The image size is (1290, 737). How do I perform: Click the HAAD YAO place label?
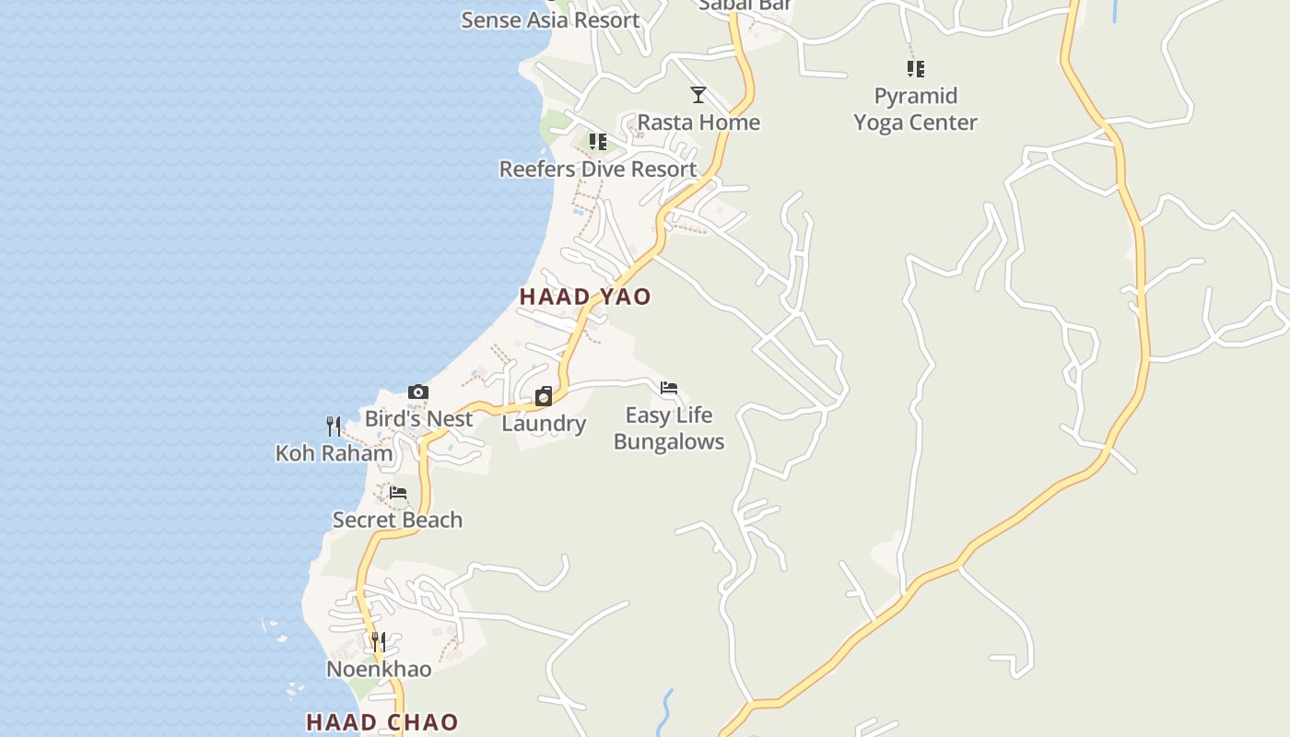click(x=585, y=297)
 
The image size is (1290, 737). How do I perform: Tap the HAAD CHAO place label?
click(x=381, y=722)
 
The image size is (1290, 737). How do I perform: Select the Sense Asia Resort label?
click(x=550, y=19)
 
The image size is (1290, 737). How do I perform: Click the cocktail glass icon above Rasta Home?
click(x=698, y=95)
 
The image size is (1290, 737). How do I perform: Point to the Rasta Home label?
click(x=698, y=122)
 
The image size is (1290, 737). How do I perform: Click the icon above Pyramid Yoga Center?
click(x=915, y=68)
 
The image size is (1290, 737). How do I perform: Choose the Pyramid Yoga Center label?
click(x=915, y=109)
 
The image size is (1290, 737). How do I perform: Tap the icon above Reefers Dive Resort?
click(x=598, y=142)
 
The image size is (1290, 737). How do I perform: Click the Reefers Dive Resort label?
click(x=598, y=169)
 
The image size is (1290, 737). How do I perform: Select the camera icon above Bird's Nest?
click(x=418, y=392)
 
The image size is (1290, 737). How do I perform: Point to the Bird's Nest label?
click(x=418, y=418)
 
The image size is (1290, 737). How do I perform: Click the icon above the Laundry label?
click(x=544, y=397)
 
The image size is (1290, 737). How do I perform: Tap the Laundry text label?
click(x=544, y=424)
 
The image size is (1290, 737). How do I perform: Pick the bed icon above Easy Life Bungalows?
click(x=669, y=388)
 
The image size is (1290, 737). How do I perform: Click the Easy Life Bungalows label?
click(x=669, y=428)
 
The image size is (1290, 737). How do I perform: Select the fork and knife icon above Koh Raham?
click(x=334, y=427)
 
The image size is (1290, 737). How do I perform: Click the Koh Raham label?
click(x=334, y=453)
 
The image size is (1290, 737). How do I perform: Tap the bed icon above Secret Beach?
click(x=398, y=493)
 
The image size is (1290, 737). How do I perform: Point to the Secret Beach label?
click(x=398, y=520)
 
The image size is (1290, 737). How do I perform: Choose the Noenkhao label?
click(x=379, y=669)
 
